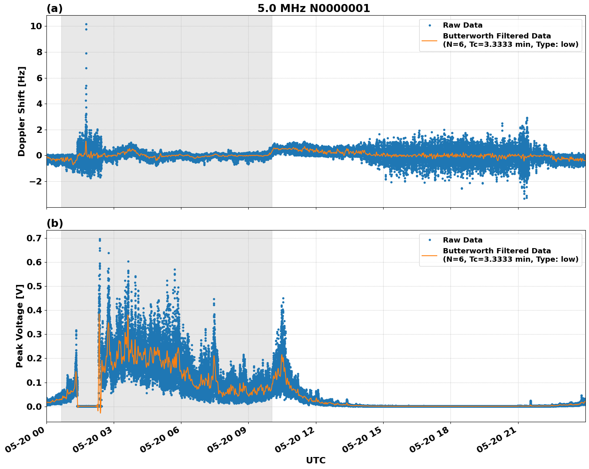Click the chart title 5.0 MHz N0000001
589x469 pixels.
click(314, 8)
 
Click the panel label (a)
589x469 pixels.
click(54, 8)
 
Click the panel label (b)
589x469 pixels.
click(54, 223)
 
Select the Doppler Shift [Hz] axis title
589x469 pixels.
click(22, 111)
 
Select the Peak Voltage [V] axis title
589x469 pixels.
click(20, 326)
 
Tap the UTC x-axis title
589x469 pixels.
click(316, 460)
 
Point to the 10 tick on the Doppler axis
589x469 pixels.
click(36, 26)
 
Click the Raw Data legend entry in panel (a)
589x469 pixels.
click(462, 25)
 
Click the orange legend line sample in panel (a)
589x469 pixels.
click(429, 40)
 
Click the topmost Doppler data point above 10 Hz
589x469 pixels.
click(86, 24)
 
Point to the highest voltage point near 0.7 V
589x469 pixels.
click(100, 239)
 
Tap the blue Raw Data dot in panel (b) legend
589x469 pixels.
click(430, 240)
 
